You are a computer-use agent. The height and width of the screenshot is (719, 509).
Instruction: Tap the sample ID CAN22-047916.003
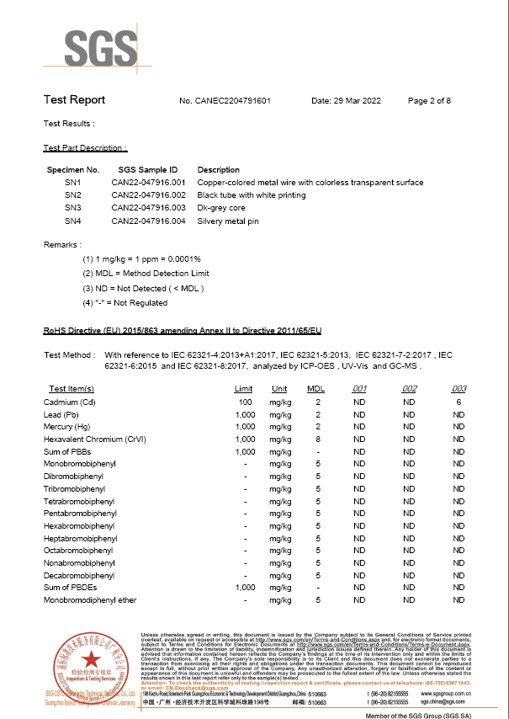coord(148,208)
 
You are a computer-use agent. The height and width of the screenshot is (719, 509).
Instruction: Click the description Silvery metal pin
coord(228,221)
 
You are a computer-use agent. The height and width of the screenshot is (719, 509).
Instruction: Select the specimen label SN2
coord(72,195)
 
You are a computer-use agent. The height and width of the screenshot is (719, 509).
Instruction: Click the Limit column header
coord(243,389)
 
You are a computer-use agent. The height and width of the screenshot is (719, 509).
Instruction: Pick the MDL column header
coord(316,389)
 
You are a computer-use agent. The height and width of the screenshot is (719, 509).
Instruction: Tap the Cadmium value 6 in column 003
coord(459,402)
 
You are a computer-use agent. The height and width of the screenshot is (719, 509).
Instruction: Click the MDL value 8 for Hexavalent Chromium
coord(318,439)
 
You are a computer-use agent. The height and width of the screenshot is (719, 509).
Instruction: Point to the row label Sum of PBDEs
coord(72,588)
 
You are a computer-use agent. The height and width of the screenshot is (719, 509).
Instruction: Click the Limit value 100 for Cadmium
coord(246,402)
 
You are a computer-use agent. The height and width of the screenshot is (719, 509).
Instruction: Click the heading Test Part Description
coord(85,148)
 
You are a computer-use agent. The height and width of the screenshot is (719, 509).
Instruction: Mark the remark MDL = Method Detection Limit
coord(146,274)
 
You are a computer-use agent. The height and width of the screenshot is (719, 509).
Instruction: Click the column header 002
coord(409,389)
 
